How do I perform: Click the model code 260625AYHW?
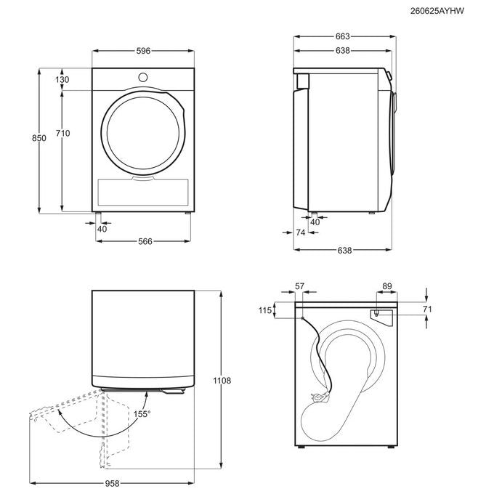(437, 11)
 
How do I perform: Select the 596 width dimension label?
(143, 51)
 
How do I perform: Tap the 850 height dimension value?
(39, 138)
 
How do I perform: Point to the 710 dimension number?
(62, 133)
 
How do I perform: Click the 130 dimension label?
(62, 79)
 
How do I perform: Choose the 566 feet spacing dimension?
(145, 241)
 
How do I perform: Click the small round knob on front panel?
(142, 77)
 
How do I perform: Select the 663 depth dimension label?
(342, 36)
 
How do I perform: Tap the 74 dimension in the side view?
(301, 232)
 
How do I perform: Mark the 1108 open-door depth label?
(222, 381)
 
